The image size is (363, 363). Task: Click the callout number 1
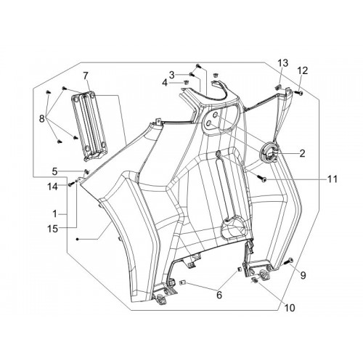[x=55, y=214]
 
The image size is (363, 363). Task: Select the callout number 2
[x=302, y=153]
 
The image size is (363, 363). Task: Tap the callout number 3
[x=171, y=75]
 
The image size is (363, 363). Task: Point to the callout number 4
[x=165, y=83]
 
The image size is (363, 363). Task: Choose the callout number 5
[x=55, y=171]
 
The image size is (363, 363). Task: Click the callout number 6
[x=219, y=295]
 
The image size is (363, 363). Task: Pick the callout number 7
[x=85, y=76]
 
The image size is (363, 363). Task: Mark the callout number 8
[x=42, y=119]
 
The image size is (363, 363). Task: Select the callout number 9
[x=303, y=275]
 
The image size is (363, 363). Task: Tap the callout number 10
[x=290, y=308]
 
